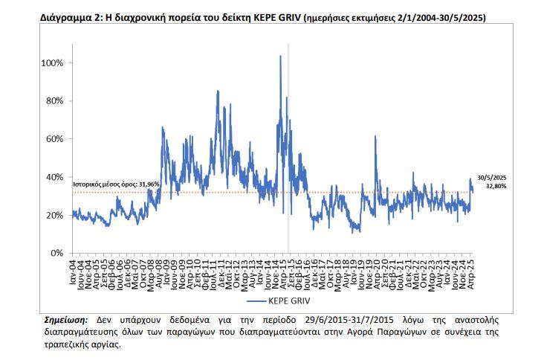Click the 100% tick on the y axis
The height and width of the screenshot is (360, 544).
(x=54, y=63)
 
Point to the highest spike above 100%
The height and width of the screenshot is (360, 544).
(x=280, y=57)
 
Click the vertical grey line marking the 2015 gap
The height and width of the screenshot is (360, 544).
(x=288, y=149)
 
